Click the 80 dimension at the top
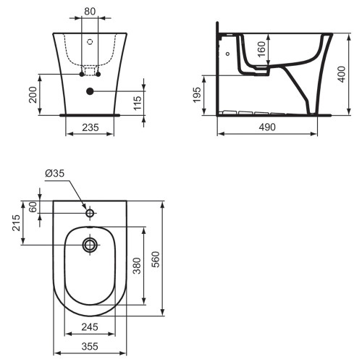89,11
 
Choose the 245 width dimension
90,327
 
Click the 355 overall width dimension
90,347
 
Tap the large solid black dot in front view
90,91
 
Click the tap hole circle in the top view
90,214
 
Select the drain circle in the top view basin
90,245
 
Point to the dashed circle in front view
90,43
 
